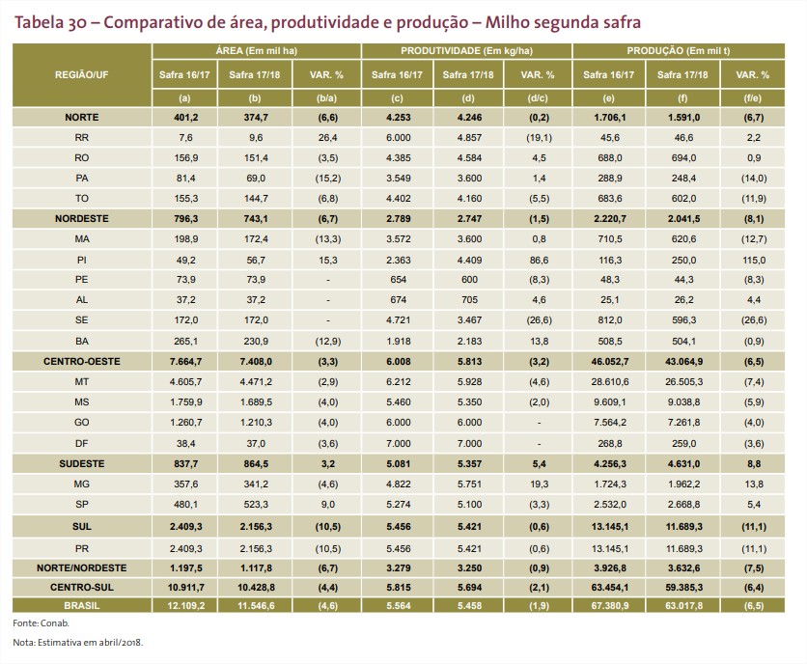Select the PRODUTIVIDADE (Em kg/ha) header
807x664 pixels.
[x=466, y=48]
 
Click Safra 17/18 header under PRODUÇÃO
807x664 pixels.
[x=681, y=74]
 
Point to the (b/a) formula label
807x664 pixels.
[x=325, y=97]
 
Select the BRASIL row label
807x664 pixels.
[x=81, y=605]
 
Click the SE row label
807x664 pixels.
[x=81, y=319]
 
